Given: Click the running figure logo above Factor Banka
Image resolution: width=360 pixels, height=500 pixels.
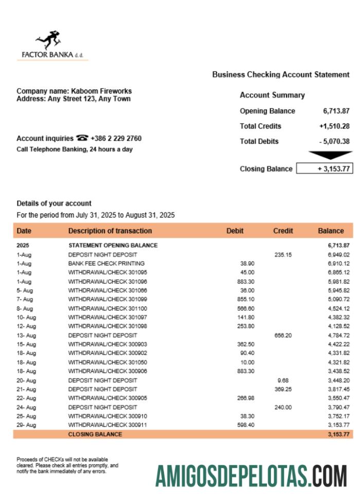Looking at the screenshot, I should [x=49, y=40].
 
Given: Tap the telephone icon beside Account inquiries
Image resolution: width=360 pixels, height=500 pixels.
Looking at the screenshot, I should [x=82, y=138].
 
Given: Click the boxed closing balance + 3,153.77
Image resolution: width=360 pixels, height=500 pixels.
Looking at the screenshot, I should [x=325, y=169].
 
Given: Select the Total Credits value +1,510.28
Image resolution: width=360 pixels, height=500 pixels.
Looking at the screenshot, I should [x=334, y=126].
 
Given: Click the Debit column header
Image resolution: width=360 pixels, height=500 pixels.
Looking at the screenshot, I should [x=235, y=231].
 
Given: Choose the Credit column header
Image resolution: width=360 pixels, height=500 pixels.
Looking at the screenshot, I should [x=283, y=231].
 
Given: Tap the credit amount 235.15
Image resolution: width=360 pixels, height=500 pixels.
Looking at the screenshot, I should [x=283, y=255].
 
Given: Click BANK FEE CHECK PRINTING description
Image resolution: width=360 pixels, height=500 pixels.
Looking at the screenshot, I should [x=106, y=263].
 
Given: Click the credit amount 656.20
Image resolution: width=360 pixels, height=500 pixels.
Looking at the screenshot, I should [x=283, y=335].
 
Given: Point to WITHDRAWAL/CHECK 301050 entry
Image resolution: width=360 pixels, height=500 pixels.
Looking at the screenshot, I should [x=107, y=362].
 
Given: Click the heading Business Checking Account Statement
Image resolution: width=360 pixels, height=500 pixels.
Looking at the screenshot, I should [x=281, y=75].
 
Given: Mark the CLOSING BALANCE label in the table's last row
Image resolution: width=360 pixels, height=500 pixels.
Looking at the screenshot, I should [x=95, y=434].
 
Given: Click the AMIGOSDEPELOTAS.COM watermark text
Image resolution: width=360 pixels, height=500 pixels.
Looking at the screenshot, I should [x=251, y=476].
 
